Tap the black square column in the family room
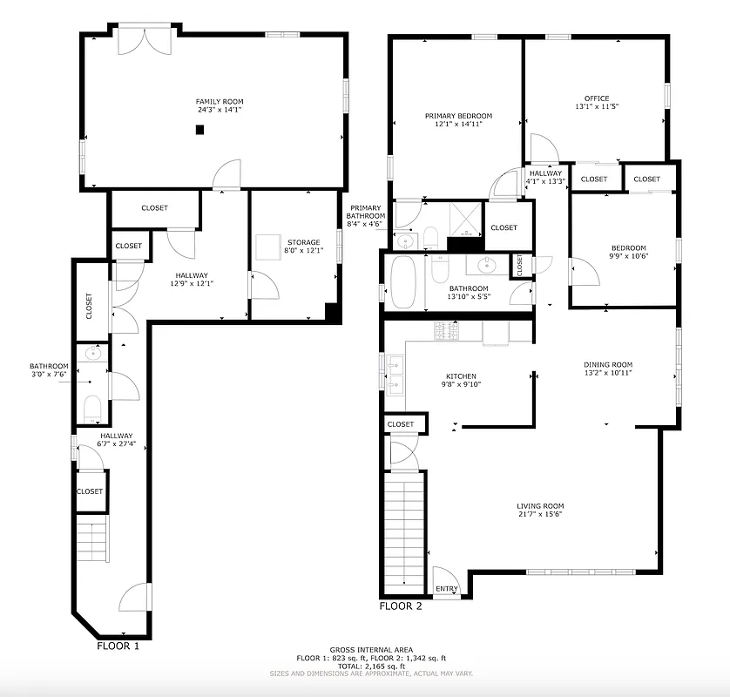pos(199,130)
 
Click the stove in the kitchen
pos(447,331)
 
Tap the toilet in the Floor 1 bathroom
pos(92,408)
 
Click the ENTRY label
pos(446,589)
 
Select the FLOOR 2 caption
pos(401,606)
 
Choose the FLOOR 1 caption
pos(117,646)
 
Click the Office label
pos(597,98)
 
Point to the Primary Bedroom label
pos(458,116)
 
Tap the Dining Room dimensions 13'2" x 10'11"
pos(608,373)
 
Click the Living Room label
pos(541,506)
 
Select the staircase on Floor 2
pos(403,531)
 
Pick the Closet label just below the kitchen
pos(401,424)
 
